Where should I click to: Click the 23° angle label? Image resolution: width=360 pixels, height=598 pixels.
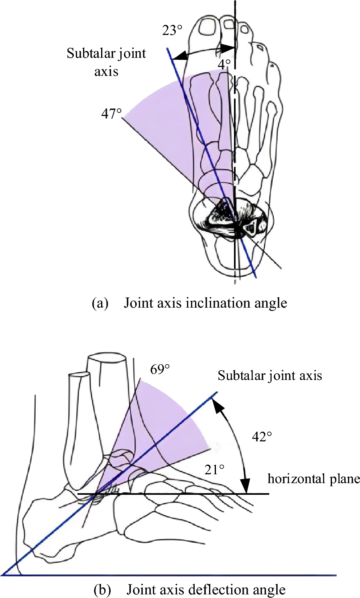(172, 30)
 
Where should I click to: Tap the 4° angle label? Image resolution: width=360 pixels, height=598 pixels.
(224, 64)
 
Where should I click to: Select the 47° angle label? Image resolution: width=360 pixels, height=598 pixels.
(111, 114)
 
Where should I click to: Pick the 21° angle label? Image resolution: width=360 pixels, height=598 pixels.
(214, 469)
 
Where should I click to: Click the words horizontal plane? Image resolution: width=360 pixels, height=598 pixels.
(313, 479)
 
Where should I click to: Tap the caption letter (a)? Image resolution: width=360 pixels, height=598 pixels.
(100, 303)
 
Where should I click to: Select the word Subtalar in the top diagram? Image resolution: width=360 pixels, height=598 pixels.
(89, 53)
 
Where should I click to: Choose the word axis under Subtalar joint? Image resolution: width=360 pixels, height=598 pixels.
(106, 71)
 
